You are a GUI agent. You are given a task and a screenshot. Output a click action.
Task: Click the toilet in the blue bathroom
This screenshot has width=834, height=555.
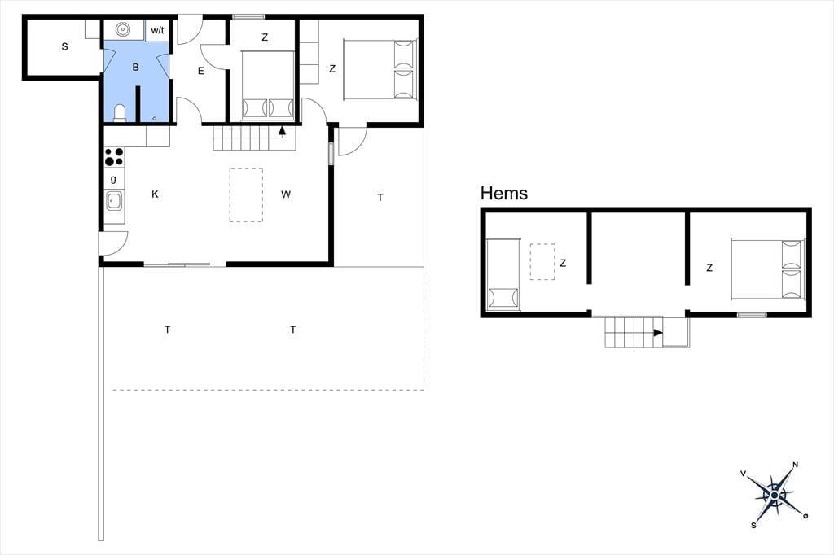121,113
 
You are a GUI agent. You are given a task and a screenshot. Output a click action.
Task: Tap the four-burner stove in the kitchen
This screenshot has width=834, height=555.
114,157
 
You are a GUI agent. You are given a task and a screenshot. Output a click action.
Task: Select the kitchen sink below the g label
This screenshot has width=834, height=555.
114,201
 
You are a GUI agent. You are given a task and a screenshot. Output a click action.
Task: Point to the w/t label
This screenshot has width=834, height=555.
157,30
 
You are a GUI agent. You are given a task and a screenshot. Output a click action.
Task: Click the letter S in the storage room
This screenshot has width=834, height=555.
65,46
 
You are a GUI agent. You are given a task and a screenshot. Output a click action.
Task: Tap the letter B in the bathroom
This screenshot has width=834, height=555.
136,67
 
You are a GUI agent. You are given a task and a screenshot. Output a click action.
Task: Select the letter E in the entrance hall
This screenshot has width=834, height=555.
201,71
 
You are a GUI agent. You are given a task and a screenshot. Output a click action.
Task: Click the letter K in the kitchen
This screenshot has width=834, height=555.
155,194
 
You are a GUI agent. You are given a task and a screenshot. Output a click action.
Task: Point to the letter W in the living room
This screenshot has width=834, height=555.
286,194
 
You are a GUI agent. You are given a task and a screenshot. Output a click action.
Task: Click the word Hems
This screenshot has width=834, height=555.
503,193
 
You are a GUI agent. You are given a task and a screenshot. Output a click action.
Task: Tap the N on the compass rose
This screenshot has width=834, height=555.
796,465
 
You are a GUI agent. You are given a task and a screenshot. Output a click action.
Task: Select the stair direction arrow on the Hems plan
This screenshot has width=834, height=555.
658,333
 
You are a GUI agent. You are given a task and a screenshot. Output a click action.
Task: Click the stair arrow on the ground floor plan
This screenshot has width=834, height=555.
282,130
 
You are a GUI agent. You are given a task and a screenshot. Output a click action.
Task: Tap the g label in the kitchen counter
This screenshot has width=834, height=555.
113,179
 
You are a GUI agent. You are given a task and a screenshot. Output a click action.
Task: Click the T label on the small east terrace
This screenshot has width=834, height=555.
380,198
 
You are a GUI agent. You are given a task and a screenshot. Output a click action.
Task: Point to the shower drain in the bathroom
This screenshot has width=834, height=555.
154,119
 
